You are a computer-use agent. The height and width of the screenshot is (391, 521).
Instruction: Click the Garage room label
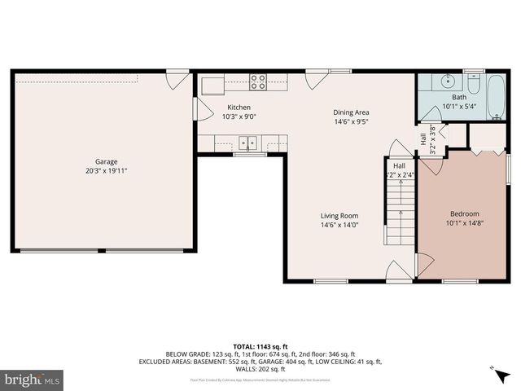[x=106, y=161]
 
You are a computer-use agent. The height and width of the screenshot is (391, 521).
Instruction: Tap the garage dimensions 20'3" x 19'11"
[x=106, y=171]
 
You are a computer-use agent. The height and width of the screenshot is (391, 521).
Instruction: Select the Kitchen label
[x=239, y=108]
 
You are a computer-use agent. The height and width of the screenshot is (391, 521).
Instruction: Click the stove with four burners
[x=258, y=81]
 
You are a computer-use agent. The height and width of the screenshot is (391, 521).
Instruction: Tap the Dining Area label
[x=351, y=112]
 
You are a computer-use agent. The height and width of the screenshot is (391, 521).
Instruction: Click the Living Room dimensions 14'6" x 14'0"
[x=339, y=226]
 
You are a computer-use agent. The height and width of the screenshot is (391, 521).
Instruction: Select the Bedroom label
[x=464, y=213]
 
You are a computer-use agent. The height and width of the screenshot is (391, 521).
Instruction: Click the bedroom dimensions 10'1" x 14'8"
[x=464, y=223]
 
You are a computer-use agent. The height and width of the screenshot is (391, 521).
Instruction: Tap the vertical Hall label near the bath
[x=423, y=139]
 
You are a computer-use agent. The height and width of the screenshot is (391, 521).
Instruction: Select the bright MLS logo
[x=32, y=380]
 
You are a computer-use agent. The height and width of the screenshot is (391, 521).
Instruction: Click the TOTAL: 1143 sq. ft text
[x=260, y=346]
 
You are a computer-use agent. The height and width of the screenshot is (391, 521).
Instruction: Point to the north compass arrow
[x=494, y=371]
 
